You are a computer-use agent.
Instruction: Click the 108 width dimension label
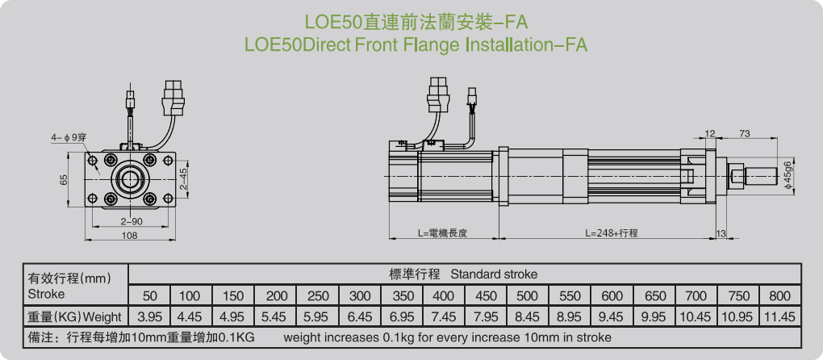[x=129, y=236]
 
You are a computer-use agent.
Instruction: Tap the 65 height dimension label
[x=65, y=180]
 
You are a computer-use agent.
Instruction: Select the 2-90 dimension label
[x=131, y=221]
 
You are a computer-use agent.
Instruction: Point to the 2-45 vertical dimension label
[x=183, y=179]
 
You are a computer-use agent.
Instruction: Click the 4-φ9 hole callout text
[x=69, y=138]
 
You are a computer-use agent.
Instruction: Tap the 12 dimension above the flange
[x=710, y=133]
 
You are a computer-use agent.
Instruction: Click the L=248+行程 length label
[x=612, y=233]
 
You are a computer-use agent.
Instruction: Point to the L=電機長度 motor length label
[x=443, y=233]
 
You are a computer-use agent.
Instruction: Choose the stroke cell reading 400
[x=444, y=295]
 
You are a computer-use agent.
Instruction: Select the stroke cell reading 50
[x=150, y=295]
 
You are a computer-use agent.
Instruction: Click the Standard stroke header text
[x=494, y=274]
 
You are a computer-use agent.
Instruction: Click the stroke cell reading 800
[x=780, y=295]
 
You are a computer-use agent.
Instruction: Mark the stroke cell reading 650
[x=654, y=295]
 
